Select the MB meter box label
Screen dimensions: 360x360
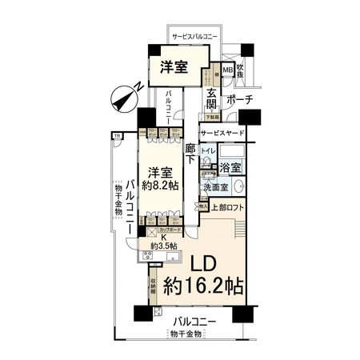227,70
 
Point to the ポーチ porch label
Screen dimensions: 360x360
239,100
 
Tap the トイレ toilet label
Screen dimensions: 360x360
207,150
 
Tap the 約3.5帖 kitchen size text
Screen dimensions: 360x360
161,246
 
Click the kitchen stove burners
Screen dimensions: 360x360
145,257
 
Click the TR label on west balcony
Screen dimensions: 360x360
118,136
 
